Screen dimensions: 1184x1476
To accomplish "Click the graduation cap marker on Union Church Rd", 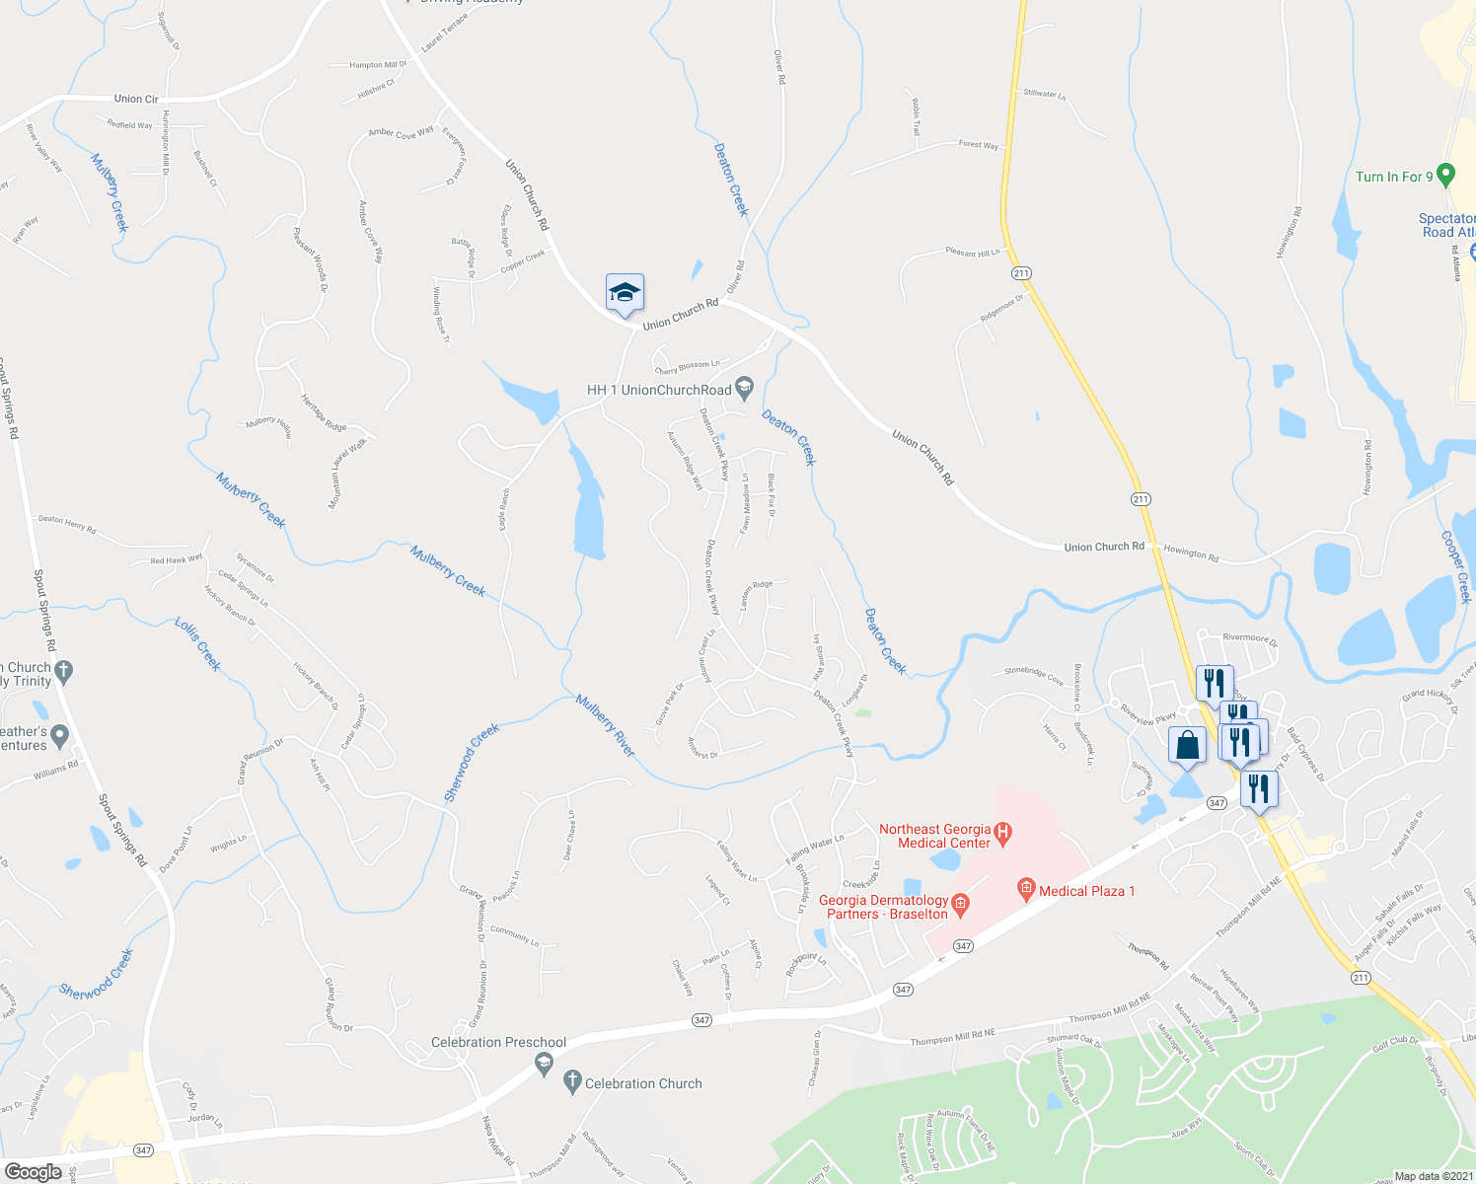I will (625, 293).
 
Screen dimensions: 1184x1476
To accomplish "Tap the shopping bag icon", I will (1188, 746).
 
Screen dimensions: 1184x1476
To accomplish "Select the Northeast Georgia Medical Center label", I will (934, 836).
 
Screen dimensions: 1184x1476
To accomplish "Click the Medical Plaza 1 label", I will (1086, 891).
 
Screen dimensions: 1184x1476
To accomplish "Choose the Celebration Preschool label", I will (498, 1042).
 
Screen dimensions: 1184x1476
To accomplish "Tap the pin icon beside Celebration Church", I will (572, 1082).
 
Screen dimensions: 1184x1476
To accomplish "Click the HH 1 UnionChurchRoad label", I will (659, 390).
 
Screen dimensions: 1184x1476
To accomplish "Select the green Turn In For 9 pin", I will (1446, 176).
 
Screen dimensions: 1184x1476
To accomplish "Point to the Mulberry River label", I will (606, 725).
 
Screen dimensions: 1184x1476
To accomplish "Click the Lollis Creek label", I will (197, 644).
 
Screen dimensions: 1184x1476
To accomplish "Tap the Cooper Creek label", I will (1456, 567).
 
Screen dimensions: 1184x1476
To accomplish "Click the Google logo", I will (33, 1172).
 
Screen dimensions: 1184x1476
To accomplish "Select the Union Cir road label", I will (136, 99).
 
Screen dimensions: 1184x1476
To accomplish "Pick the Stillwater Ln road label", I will (1044, 94).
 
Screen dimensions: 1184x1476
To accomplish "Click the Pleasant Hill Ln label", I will (973, 253).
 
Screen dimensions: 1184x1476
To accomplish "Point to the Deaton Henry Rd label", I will (67, 524).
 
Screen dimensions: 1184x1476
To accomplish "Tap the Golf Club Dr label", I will (1395, 1044).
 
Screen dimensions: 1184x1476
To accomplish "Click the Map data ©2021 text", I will (1432, 1176).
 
